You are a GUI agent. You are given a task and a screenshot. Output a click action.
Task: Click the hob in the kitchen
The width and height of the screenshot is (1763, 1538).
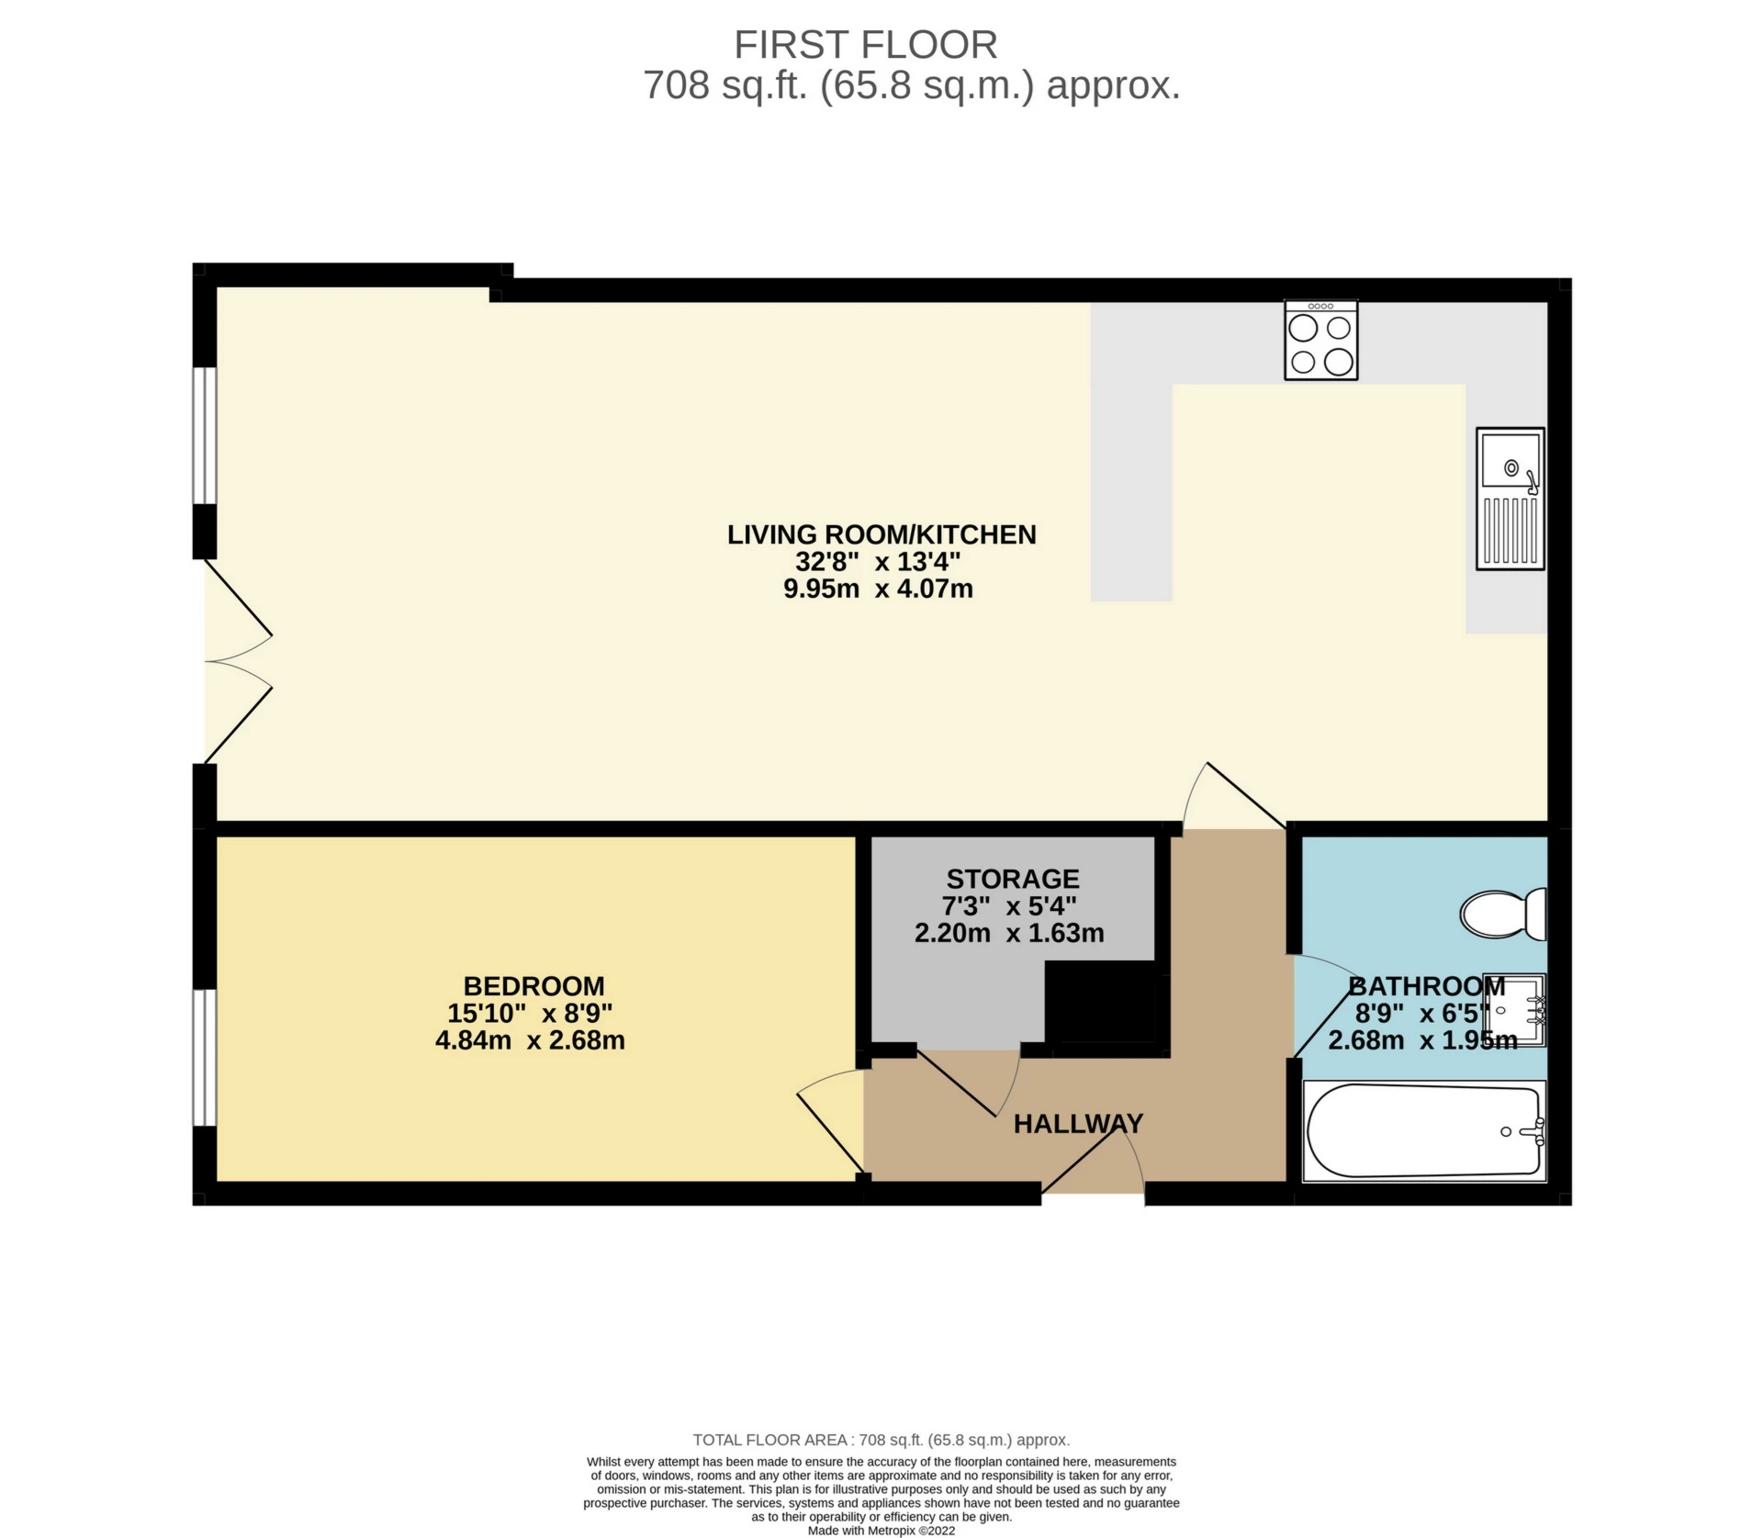tap(1320, 340)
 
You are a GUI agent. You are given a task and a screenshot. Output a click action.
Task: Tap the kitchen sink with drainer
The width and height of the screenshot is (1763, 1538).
tap(1510, 498)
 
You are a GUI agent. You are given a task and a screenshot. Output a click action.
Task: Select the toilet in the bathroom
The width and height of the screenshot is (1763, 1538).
tap(1502, 914)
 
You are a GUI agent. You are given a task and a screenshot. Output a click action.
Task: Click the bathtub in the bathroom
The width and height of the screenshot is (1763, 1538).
tap(1423, 1131)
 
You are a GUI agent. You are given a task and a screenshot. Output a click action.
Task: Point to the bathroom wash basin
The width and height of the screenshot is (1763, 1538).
tap(1520, 1010)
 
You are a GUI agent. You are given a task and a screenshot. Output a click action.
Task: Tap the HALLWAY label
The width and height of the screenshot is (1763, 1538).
tap(1078, 1123)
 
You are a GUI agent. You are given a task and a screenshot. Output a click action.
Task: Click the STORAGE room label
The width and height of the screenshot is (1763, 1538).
tap(1013, 879)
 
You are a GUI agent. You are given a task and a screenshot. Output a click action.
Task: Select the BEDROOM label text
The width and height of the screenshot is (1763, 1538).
tap(533, 986)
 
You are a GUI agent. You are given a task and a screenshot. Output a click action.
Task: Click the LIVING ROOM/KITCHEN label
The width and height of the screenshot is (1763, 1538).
tap(881, 534)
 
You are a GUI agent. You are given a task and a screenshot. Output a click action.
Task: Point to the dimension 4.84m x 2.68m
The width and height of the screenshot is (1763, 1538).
tap(530, 1040)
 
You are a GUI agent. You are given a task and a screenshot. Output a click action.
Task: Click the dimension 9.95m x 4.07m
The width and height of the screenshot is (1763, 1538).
tap(878, 589)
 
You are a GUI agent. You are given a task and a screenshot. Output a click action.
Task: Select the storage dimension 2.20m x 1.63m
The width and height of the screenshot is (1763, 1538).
tap(1009, 934)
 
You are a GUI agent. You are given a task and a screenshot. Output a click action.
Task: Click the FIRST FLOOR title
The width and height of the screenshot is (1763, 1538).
tap(865, 45)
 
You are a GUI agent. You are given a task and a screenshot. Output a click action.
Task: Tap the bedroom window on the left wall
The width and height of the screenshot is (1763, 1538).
tap(204, 1057)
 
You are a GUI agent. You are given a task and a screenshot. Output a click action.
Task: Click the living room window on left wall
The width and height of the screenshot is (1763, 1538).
tap(204, 436)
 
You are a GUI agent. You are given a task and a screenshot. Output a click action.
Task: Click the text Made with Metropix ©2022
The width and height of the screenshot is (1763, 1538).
tap(881, 1531)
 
